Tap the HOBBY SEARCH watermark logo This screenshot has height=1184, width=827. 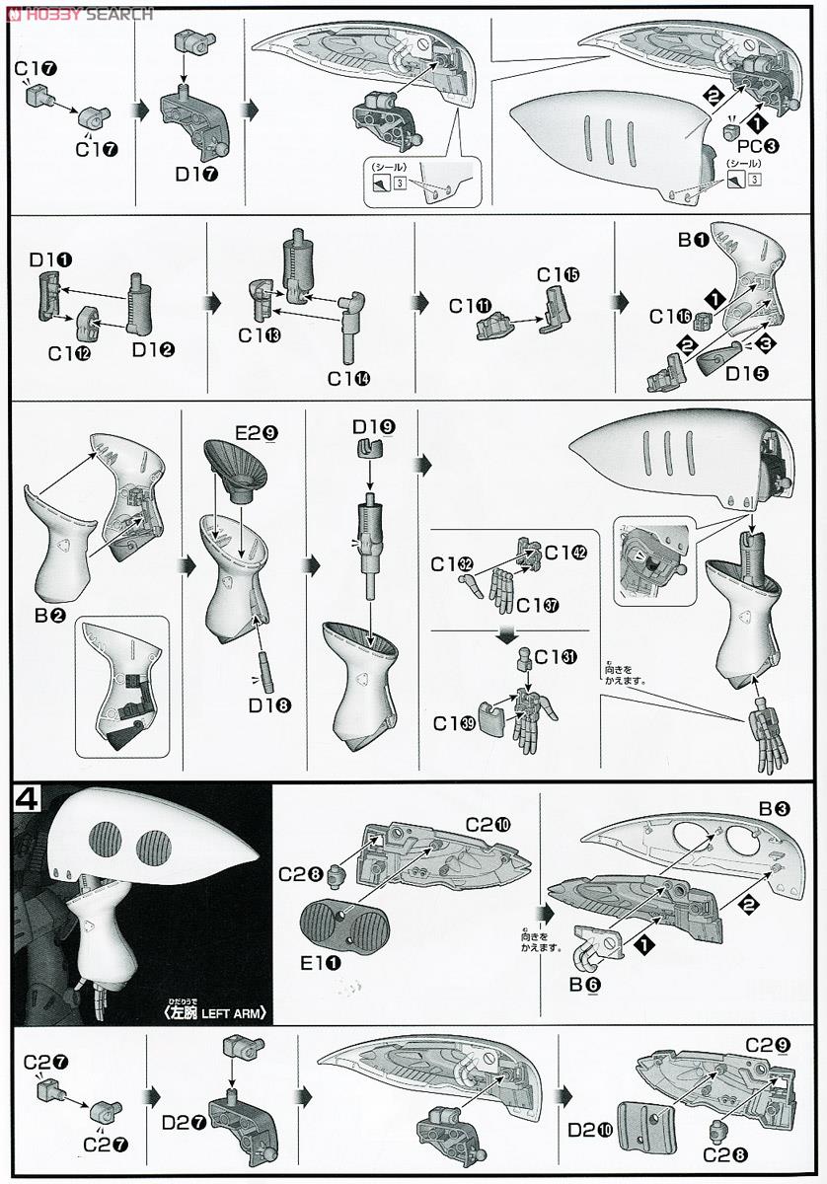[79, 13]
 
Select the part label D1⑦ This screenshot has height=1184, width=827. [196, 174]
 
